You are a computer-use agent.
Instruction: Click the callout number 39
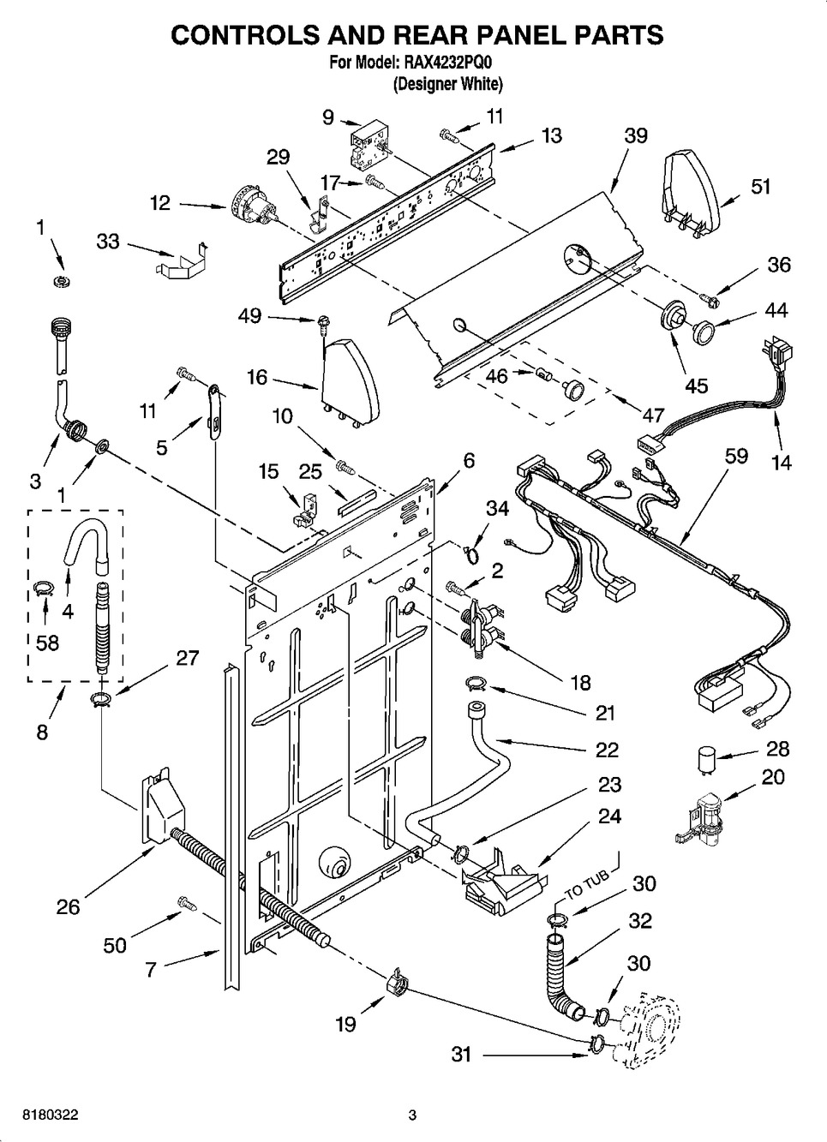[635, 135]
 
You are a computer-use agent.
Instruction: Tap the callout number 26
[68, 907]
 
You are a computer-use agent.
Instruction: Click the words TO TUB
[587, 884]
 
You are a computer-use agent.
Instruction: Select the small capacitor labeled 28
[705, 761]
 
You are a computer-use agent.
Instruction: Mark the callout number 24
[610, 816]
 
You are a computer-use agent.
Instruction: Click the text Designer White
[447, 84]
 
